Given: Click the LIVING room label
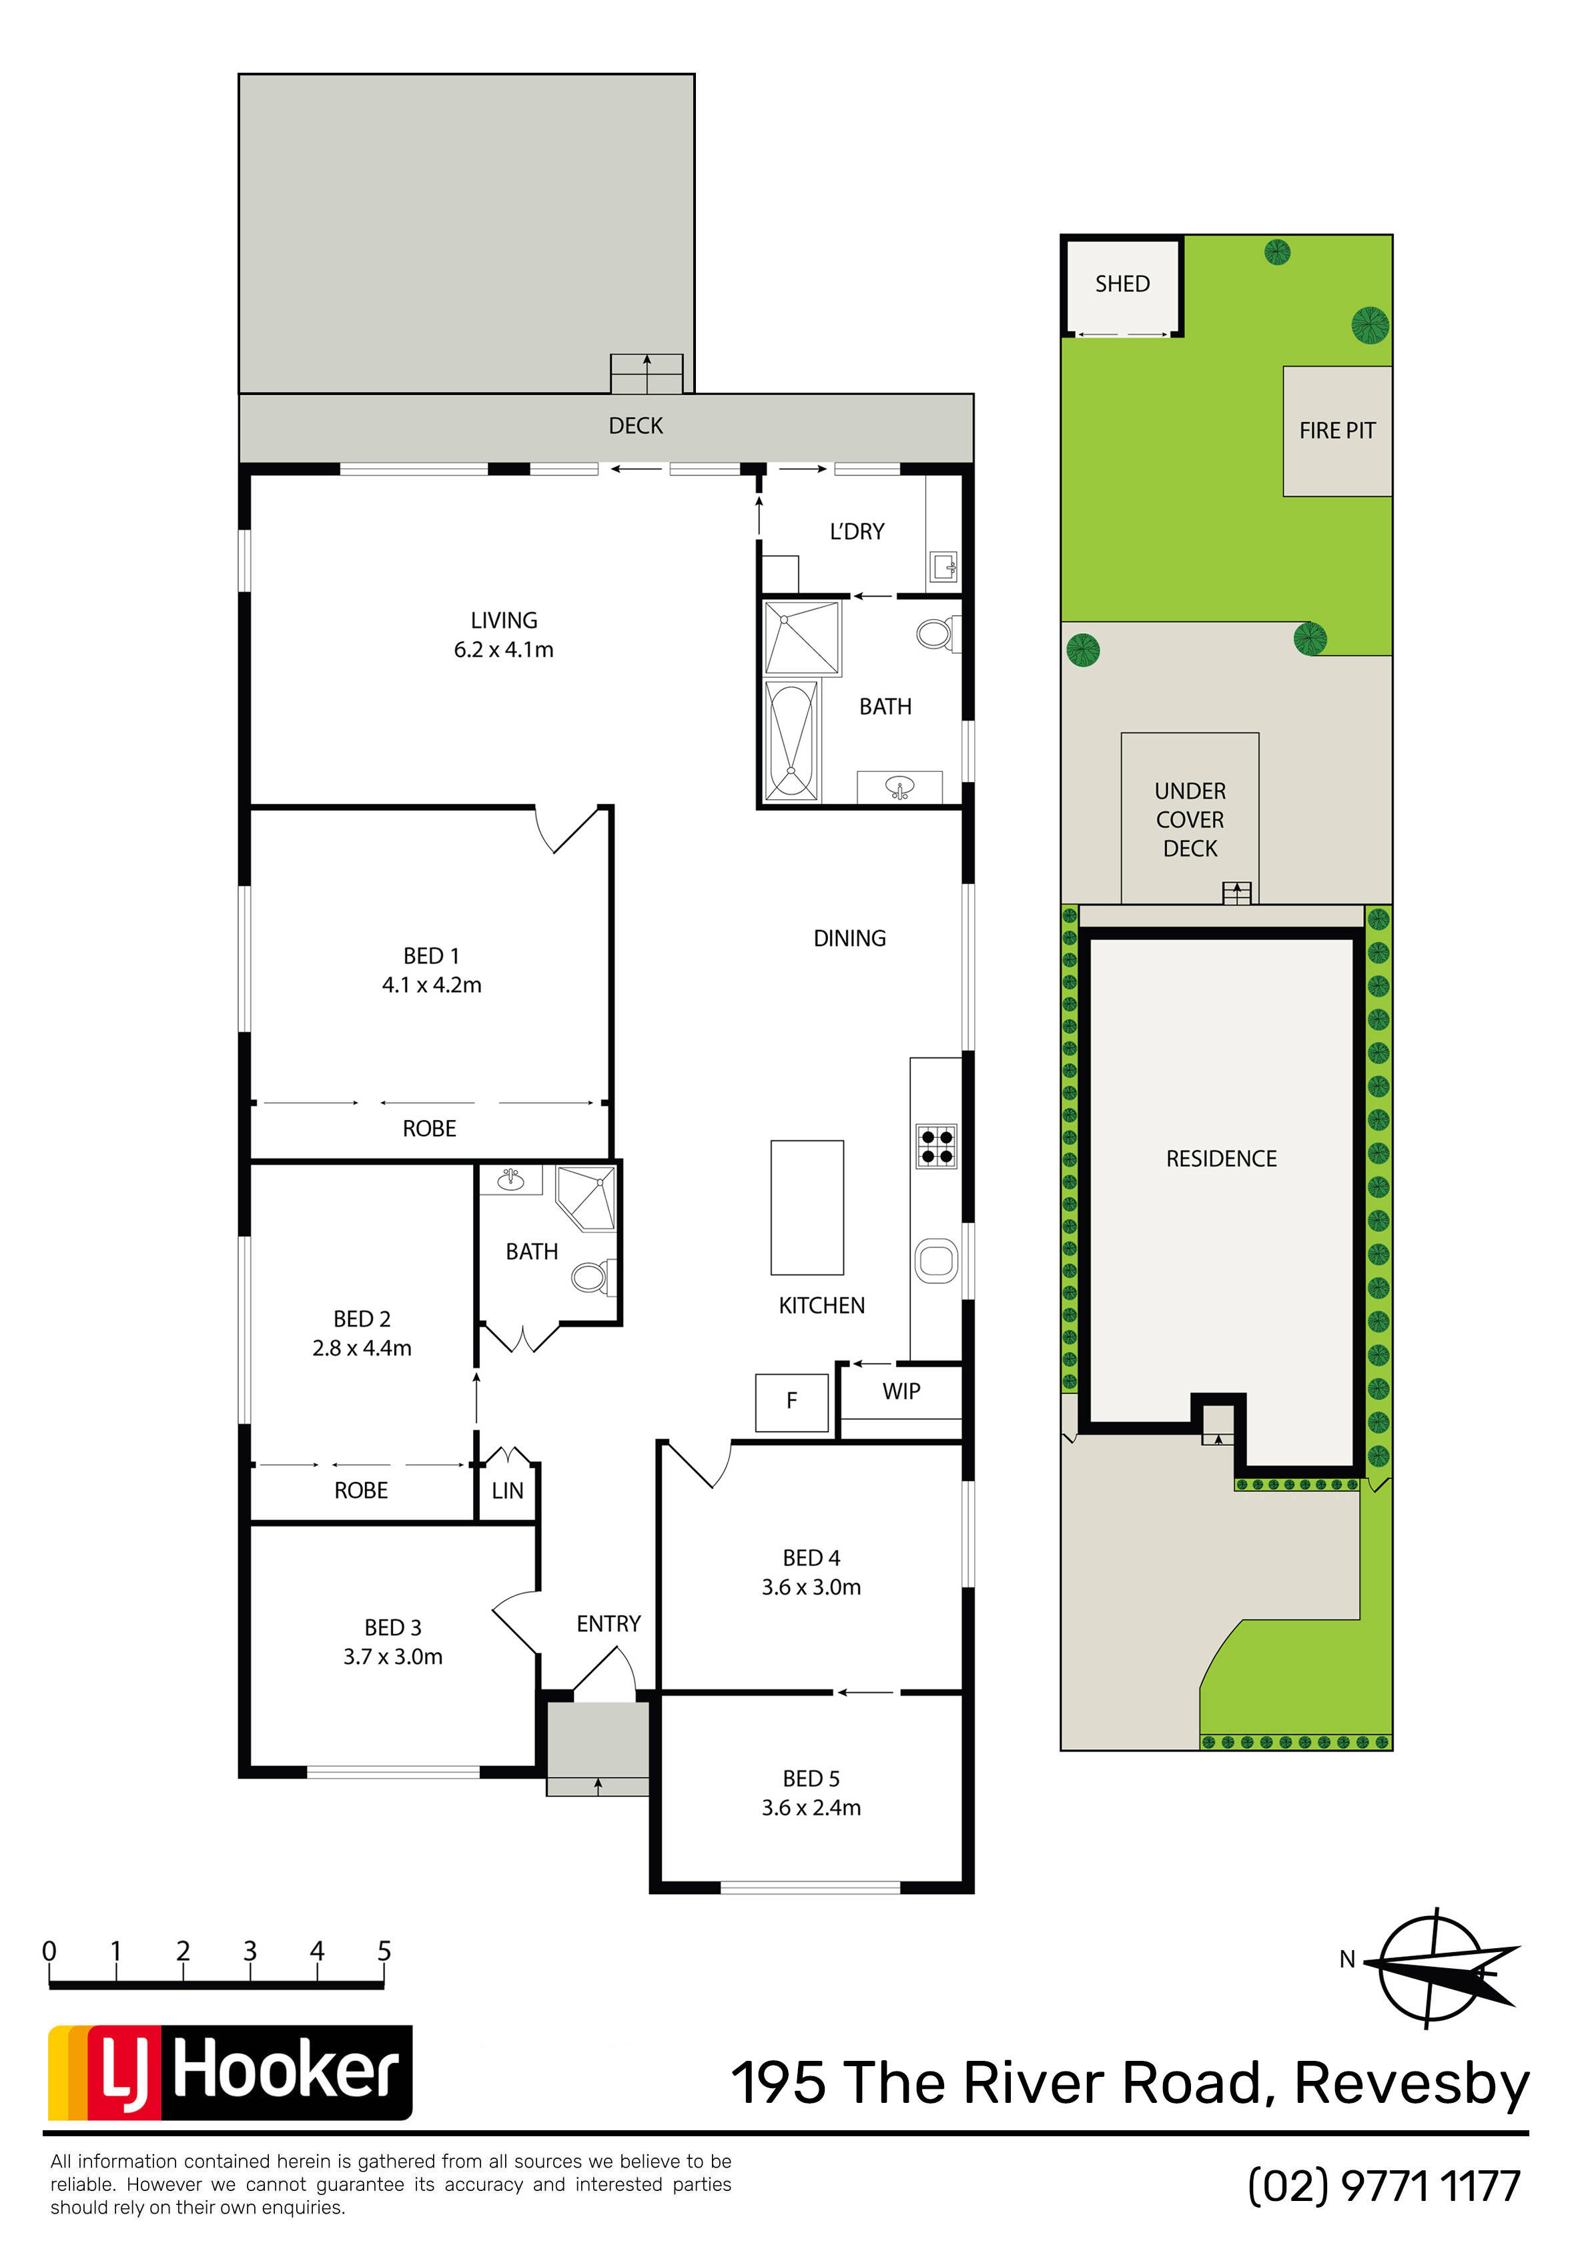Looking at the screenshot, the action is [x=504, y=620].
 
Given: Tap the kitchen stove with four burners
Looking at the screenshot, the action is [x=936, y=1146].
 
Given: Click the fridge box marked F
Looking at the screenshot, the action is [x=792, y=1402].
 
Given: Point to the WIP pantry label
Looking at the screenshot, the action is [x=901, y=1392].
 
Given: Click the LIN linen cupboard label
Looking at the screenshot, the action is [x=507, y=1490].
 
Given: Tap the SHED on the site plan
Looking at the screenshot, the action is [x=1122, y=284].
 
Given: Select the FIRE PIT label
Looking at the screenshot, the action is [x=1337, y=430].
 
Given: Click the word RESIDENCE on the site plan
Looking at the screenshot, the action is [x=1221, y=1159].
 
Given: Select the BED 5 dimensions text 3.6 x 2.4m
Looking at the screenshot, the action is [x=811, y=1807].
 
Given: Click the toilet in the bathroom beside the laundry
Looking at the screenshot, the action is [x=937, y=634].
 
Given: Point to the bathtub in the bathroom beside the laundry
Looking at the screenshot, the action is [x=791, y=740].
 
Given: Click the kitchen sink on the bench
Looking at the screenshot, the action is [x=936, y=1260].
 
